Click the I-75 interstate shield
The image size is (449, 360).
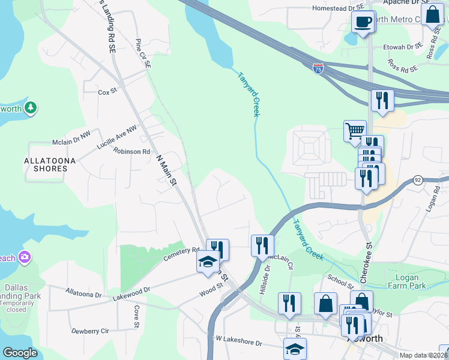318,69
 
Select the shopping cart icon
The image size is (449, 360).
355,130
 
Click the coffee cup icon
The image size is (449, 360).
363,23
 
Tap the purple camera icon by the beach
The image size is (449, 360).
25,257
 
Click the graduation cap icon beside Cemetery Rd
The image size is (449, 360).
208,262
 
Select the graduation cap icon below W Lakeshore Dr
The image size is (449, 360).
295,349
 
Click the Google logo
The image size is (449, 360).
20,353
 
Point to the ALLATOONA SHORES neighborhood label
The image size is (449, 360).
46,165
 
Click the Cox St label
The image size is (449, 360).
107,92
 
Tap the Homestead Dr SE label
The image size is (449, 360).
339,9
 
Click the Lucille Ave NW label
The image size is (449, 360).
117,137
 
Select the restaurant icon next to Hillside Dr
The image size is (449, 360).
262,245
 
